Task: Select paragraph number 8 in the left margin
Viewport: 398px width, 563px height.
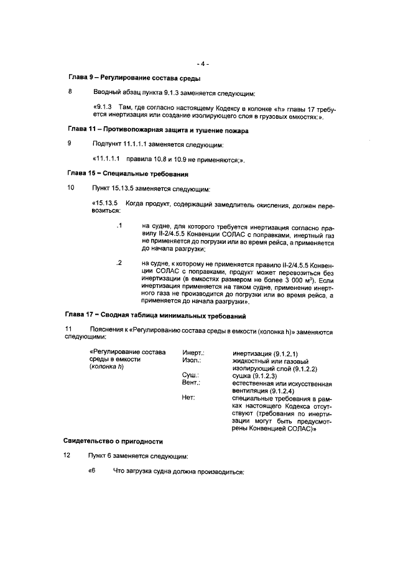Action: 70,93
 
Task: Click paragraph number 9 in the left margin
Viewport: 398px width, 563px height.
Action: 70,143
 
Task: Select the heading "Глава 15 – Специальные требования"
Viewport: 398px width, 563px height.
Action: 127,173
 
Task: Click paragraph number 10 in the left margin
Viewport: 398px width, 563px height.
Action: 71,188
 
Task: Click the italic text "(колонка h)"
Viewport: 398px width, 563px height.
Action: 108,368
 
